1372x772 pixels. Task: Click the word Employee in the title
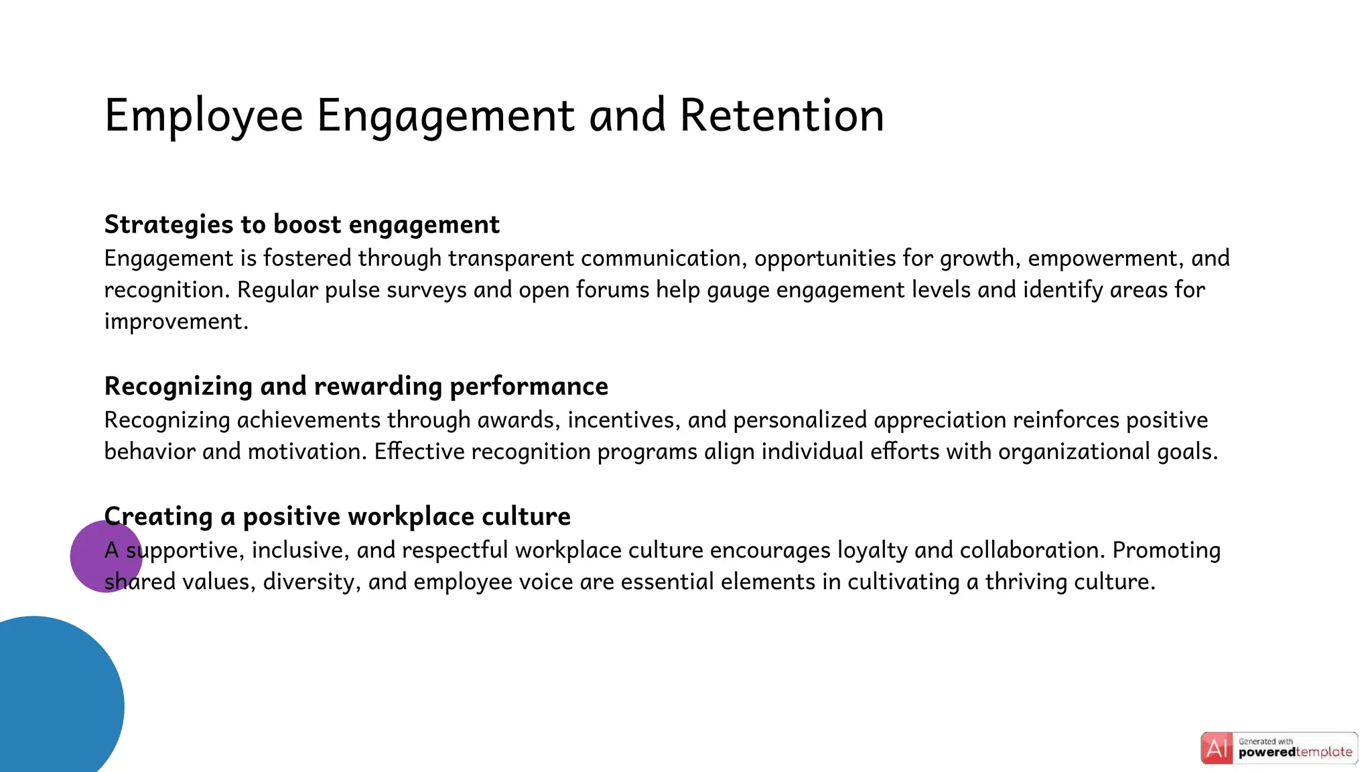[x=204, y=117]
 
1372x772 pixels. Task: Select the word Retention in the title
[x=782, y=115]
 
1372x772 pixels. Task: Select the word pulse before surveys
[x=353, y=290]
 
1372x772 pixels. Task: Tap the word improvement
[x=176, y=322]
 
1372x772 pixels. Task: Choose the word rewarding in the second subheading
[x=378, y=387]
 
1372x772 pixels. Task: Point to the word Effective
[x=419, y=452]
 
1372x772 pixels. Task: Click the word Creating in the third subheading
[x=159, y=517]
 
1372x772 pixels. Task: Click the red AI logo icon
[x=1217, y=749]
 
